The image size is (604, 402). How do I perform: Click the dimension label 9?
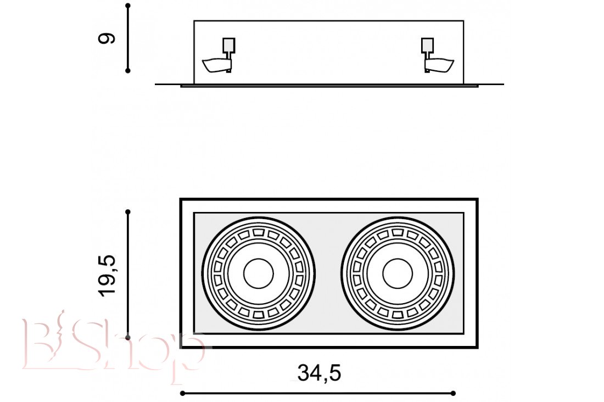click(x=107, y=38)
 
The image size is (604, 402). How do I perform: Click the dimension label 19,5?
click(x=107, y=276)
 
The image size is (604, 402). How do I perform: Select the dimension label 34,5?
click(x=320, y=373)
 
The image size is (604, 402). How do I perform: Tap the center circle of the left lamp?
click(x=259, y=273)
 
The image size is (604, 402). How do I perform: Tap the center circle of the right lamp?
click(x=398, y=273)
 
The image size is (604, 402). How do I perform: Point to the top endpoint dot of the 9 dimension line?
click(x=128, y=6)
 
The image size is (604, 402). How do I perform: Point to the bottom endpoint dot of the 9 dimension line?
click(x=128, y=70)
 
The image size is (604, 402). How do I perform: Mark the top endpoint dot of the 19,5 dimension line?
click(x=128, y=212)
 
